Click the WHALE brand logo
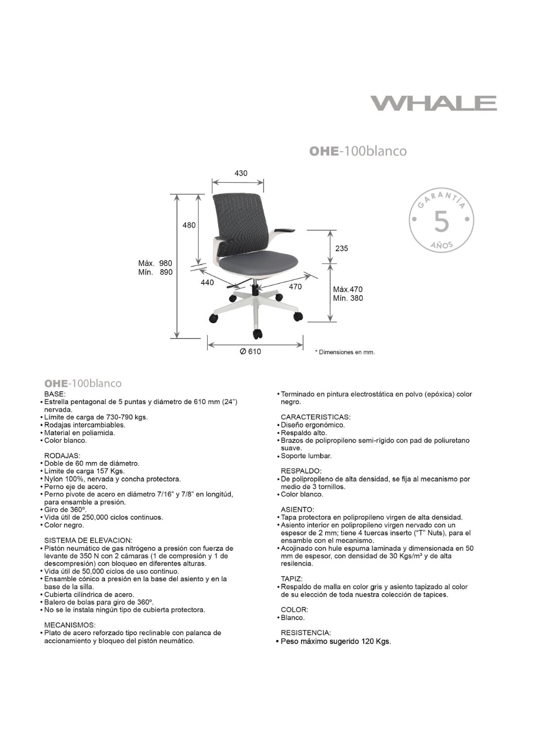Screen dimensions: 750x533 click(x=433, y=103)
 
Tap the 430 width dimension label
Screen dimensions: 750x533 click(x=241, y=173)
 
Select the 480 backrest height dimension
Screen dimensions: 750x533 click(x=189, y=225)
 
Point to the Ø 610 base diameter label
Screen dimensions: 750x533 click(x=250, y=351)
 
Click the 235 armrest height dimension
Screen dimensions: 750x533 click(x=342, y=248)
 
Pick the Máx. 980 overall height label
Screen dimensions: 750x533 click(x=155, y=263)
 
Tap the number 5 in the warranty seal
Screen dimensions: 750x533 click(x=441, y=222)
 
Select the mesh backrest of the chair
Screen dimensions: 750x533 click(x=238, y=220)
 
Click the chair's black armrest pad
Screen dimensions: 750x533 click(x=285, y=230)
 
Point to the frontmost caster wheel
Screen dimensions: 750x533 click(x=257, y=334)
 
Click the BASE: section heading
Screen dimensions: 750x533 click(x=54, y=394)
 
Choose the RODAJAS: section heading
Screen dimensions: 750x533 click(x=62, y=455)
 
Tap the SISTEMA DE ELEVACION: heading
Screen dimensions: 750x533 click(x=88, y=540)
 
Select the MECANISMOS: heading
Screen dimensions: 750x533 click(x=70, y=625)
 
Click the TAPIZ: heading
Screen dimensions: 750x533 click(x=291, y=579)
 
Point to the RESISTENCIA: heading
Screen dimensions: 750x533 click(x=305, y=633)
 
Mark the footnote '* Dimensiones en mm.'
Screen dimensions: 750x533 click(x=345, y=352)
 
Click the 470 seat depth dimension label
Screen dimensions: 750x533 click(x=295, y=287)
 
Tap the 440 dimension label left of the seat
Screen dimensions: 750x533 click(x=207, y=282)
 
